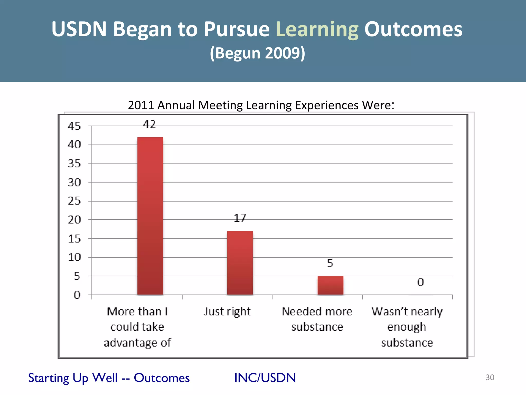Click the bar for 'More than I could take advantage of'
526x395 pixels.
point(150,216)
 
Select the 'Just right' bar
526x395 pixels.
point(240,263)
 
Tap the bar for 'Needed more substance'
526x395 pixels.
point(330,285)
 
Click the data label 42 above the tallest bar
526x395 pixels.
point(149,124)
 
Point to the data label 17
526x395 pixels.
point(240,218)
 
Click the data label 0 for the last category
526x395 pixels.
point(420,282)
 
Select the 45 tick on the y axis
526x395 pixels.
point(74,126)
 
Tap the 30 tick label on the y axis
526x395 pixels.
point(74,183)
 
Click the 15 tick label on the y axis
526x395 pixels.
point(74,239)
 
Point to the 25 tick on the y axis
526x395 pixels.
point(74,201)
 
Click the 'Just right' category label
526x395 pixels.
point(227,312)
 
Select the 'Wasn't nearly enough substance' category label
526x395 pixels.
point(407,327)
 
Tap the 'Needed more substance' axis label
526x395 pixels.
point(317,319)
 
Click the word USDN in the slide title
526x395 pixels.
point(79,29)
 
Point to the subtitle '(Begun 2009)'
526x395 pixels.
point(258,53)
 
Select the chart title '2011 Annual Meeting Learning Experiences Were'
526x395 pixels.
point(261,105)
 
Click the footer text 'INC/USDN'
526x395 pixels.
point(265,378)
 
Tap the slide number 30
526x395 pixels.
point(490,377)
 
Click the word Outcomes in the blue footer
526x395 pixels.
point(162,378)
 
